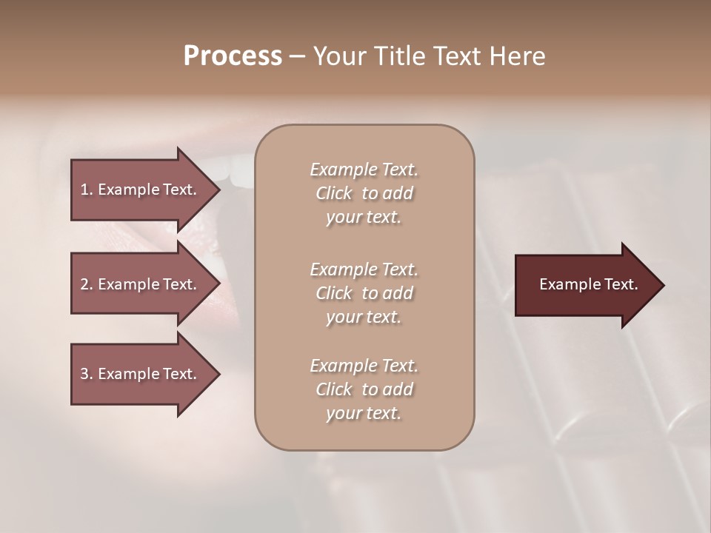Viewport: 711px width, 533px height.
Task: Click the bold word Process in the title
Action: [233, 56]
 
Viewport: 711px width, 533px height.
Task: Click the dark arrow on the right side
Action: [585, 285]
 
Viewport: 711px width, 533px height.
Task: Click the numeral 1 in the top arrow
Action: [84, 190]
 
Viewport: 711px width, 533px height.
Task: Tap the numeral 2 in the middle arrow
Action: [84, 284]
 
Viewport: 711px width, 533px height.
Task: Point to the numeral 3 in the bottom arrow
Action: [84, 374]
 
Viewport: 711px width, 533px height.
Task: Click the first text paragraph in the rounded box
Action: [364, 193]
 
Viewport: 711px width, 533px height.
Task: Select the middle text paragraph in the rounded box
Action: [364, 293]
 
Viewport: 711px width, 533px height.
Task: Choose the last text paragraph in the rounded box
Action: [364, 389]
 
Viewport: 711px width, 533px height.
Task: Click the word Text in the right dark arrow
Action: [621, 284]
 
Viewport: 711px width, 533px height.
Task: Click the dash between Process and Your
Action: [297, 56]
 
